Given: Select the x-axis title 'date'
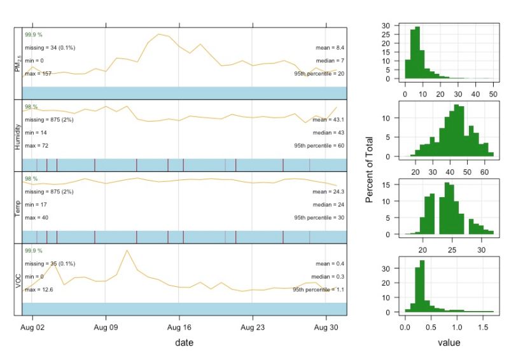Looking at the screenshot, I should (x=185, y=342).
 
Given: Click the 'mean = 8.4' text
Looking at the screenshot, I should (x=330, y=48).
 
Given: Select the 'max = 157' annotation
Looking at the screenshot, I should (x=38, y=74).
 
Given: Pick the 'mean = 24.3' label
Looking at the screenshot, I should (x=329, y=191).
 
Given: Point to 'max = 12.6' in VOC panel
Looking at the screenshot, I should (x=38, y=289).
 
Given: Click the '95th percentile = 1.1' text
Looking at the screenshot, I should (x=319, y=289).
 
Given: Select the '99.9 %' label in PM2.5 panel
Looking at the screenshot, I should (x=33, y=34).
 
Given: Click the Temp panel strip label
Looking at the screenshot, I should (x=18, y=207).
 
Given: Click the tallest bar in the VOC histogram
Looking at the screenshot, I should (x=422, y=286).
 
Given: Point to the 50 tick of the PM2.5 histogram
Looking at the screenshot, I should (x=491, y=93).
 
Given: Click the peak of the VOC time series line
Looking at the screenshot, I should (x=127, y=250).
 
